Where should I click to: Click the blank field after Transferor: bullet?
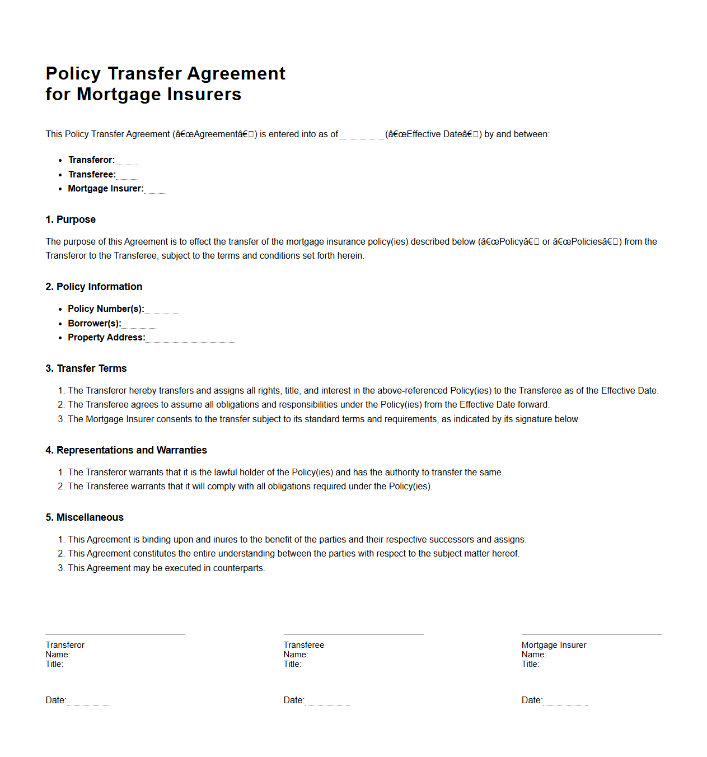[127, 161]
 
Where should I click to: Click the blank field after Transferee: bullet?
[127, 175]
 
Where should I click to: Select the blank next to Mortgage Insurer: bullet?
[155, 189]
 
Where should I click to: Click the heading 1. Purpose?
[71, 219]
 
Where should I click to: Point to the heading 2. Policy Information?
[94, 287]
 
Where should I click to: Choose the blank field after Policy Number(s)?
[162, 310]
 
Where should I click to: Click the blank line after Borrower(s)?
[139, 324]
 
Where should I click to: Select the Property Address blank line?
[190, 338]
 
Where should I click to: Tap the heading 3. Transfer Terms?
[86, 368]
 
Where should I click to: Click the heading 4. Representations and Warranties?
[126, 450]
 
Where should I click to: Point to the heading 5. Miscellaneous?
[85, 517]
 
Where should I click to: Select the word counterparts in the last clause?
[238, 568]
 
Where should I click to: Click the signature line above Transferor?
[115, 634]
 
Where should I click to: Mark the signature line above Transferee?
[353, 634]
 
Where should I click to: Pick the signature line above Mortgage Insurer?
[591, 634]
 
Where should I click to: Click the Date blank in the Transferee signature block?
[327, 701]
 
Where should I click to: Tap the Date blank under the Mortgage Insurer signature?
[565, 701]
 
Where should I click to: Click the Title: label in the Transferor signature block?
[54, 664]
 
